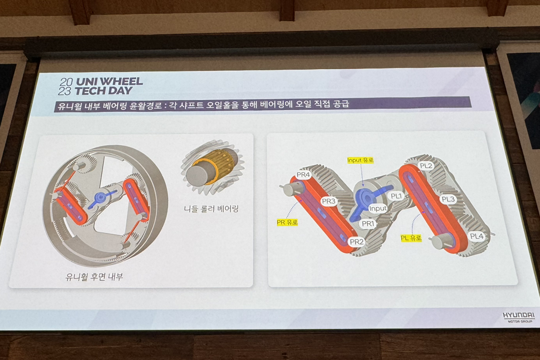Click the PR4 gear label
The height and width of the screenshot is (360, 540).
pyautogui.click(x=303, y=175)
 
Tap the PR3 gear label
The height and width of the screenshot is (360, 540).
pyautogui.click(x=329, y=201)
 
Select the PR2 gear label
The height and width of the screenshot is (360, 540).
pyautogui.click(x=357, y=242)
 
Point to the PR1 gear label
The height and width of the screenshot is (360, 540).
pyautogui.click(x=368, y=224)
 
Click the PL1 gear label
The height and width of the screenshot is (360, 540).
pyautogui.click(x=397, y=196)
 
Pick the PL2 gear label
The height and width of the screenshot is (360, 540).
pyautogui.click(x=426, y=166)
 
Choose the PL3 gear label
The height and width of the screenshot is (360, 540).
pyautogui.click(x=449, y=199)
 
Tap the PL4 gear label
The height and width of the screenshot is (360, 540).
pyautogui.click(x=477, y=236)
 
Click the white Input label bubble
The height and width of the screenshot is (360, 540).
pyautogui.click(x=378, y=208)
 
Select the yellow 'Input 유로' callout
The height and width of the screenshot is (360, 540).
pyautogui.click(x=360, y=160)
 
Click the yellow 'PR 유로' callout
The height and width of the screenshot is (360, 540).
pyautogui.click(x=287, y=222)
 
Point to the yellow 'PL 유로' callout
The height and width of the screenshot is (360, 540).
pyautogui.click(x=411, y=238)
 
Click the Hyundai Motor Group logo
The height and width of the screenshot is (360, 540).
pyautogui.click(x=519, y=317)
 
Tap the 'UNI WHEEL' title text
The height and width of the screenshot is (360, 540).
pyautogui.click(x=109, y=81)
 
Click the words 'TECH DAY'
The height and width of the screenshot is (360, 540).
pyautogui.click(x=103, y=91)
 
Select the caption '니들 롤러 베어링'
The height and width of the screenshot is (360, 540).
pyautogui.click(x=211, y=208)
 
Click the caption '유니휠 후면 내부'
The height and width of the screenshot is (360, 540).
pyautogui.click(x=94, y=276)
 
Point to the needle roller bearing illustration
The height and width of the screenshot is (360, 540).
pyautogui.click(x=212, y=167)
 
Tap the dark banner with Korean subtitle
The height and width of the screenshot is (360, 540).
pyautogui.click(x=262, y=104)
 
